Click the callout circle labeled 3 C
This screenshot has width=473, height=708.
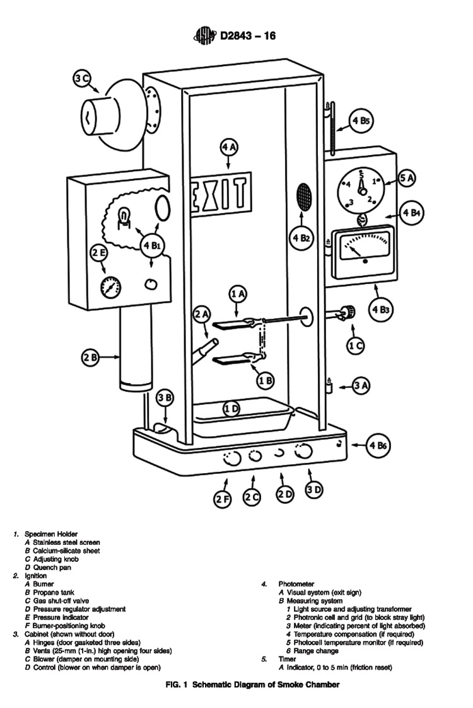click(82, 79)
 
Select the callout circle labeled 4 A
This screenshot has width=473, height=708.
click(229, 147)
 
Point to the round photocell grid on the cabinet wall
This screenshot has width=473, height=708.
click(305, 198)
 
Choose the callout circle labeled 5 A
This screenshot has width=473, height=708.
click(407, 179)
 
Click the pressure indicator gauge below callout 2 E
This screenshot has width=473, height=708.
click(112, 287)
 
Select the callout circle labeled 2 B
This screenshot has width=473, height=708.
click(90, 357)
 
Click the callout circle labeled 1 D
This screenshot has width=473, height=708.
click(231, 409)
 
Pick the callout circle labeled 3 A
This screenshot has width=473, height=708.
click(360, 386)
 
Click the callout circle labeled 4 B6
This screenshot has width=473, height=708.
click(379, 445)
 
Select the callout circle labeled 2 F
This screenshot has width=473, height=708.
click(222, 500)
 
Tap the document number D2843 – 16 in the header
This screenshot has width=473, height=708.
click(247, 36)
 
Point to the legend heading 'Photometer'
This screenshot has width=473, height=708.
click(296, 584)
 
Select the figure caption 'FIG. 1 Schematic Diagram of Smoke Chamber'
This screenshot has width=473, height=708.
click(235, 685)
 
